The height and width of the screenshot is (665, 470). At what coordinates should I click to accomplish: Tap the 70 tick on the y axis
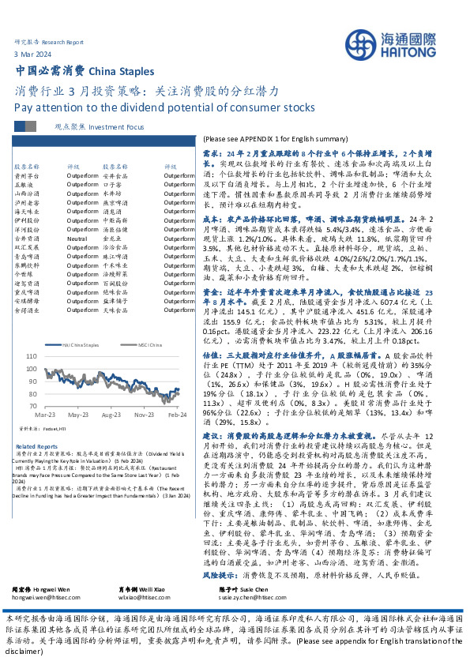point(31,404)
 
